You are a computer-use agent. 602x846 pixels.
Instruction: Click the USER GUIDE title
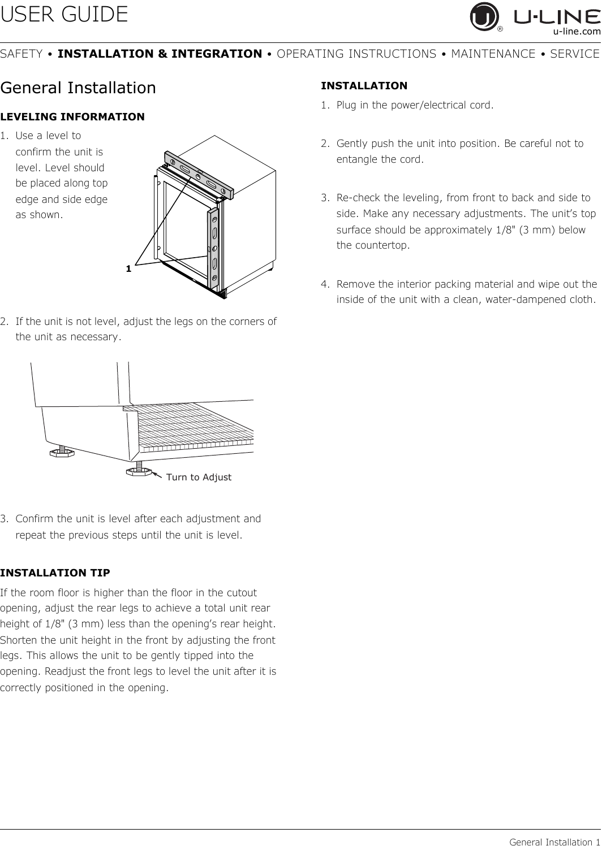(64, 15)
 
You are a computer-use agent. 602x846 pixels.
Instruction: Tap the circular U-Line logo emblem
(484, 18)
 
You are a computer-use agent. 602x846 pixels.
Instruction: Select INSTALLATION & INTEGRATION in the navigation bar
(160, 54)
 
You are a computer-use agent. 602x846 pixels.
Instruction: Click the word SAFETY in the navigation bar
(21, 54)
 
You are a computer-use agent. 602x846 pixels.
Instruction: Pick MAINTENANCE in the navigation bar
(493, 54)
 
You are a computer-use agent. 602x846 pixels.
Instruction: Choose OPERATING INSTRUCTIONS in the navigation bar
(356, 54)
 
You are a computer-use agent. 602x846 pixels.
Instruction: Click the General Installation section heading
(78, 88)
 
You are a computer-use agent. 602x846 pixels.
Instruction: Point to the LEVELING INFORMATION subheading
(72, 117)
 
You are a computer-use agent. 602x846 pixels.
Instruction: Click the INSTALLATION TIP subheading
(55, 572)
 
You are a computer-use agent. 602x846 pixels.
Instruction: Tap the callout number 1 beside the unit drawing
(129, 268)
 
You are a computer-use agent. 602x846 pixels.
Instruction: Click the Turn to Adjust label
(199, 477)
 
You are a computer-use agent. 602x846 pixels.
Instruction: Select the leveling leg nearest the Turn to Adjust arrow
(139, 470)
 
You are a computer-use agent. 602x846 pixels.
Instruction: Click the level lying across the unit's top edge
(199, 175)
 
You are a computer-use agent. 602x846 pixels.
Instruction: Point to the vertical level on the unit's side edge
(214, 244)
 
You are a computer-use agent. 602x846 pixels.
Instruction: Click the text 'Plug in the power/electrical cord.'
(414, 105)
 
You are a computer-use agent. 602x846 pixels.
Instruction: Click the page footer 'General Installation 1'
(554, 842)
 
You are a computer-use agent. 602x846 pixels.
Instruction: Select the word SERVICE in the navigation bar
(574, 54)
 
